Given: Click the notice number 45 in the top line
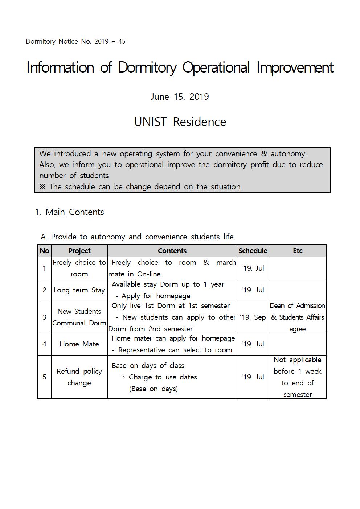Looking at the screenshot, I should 122,41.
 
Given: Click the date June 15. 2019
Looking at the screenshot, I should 180,97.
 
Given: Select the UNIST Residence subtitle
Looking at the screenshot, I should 180,122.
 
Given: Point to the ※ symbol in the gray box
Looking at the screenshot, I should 43,187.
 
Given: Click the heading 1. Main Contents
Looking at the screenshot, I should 69,212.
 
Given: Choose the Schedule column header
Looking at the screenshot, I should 253,251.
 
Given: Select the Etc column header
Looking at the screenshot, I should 298,251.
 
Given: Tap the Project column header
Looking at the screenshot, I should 79,251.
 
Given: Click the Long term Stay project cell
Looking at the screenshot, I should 79,290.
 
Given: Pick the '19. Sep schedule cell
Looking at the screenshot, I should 253,317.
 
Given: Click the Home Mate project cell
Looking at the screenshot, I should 79,344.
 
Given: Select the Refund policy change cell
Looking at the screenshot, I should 79,377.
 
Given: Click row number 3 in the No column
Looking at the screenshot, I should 44,317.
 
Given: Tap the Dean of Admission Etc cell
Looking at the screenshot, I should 298,317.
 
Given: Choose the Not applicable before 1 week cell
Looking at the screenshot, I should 298,377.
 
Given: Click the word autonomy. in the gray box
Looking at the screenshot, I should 289,154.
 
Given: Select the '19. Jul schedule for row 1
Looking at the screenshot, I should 253,268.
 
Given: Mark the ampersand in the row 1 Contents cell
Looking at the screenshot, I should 206,262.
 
